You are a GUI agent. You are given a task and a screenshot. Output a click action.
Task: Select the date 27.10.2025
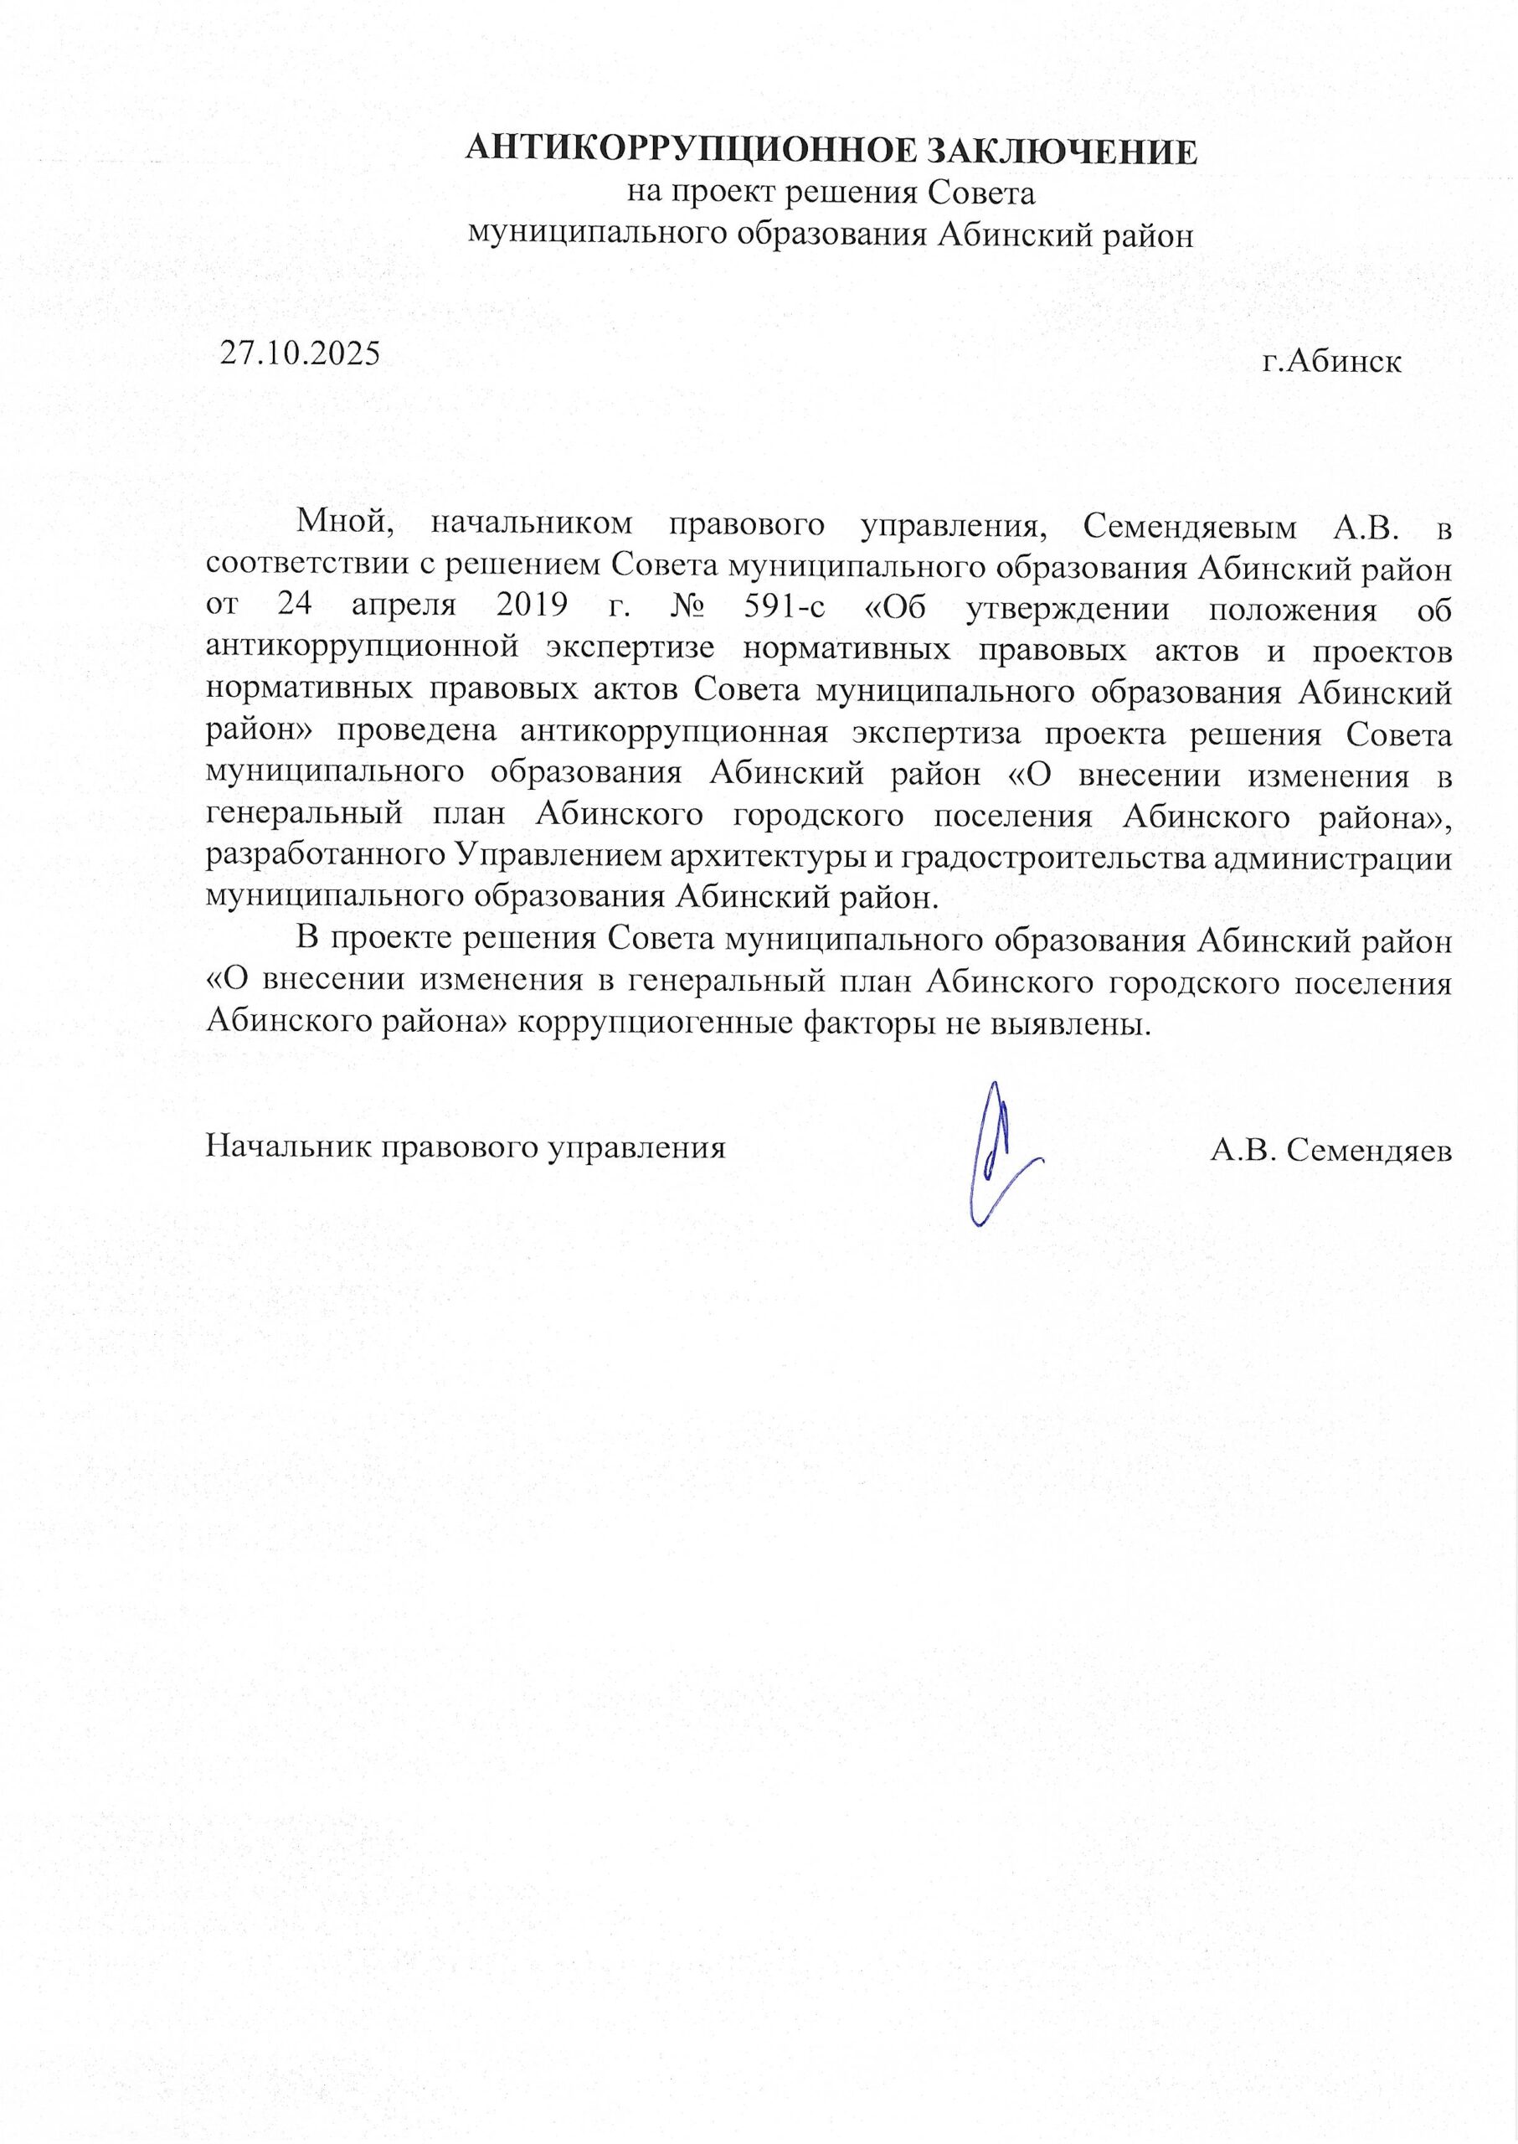pyautogui.click(x=300, y=353)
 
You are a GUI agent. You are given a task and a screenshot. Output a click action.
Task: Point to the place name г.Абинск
pyautogui.click(x=1332, y=361)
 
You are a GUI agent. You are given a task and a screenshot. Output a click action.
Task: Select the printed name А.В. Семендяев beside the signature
pyautogui.click(x=1331, y=1150)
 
